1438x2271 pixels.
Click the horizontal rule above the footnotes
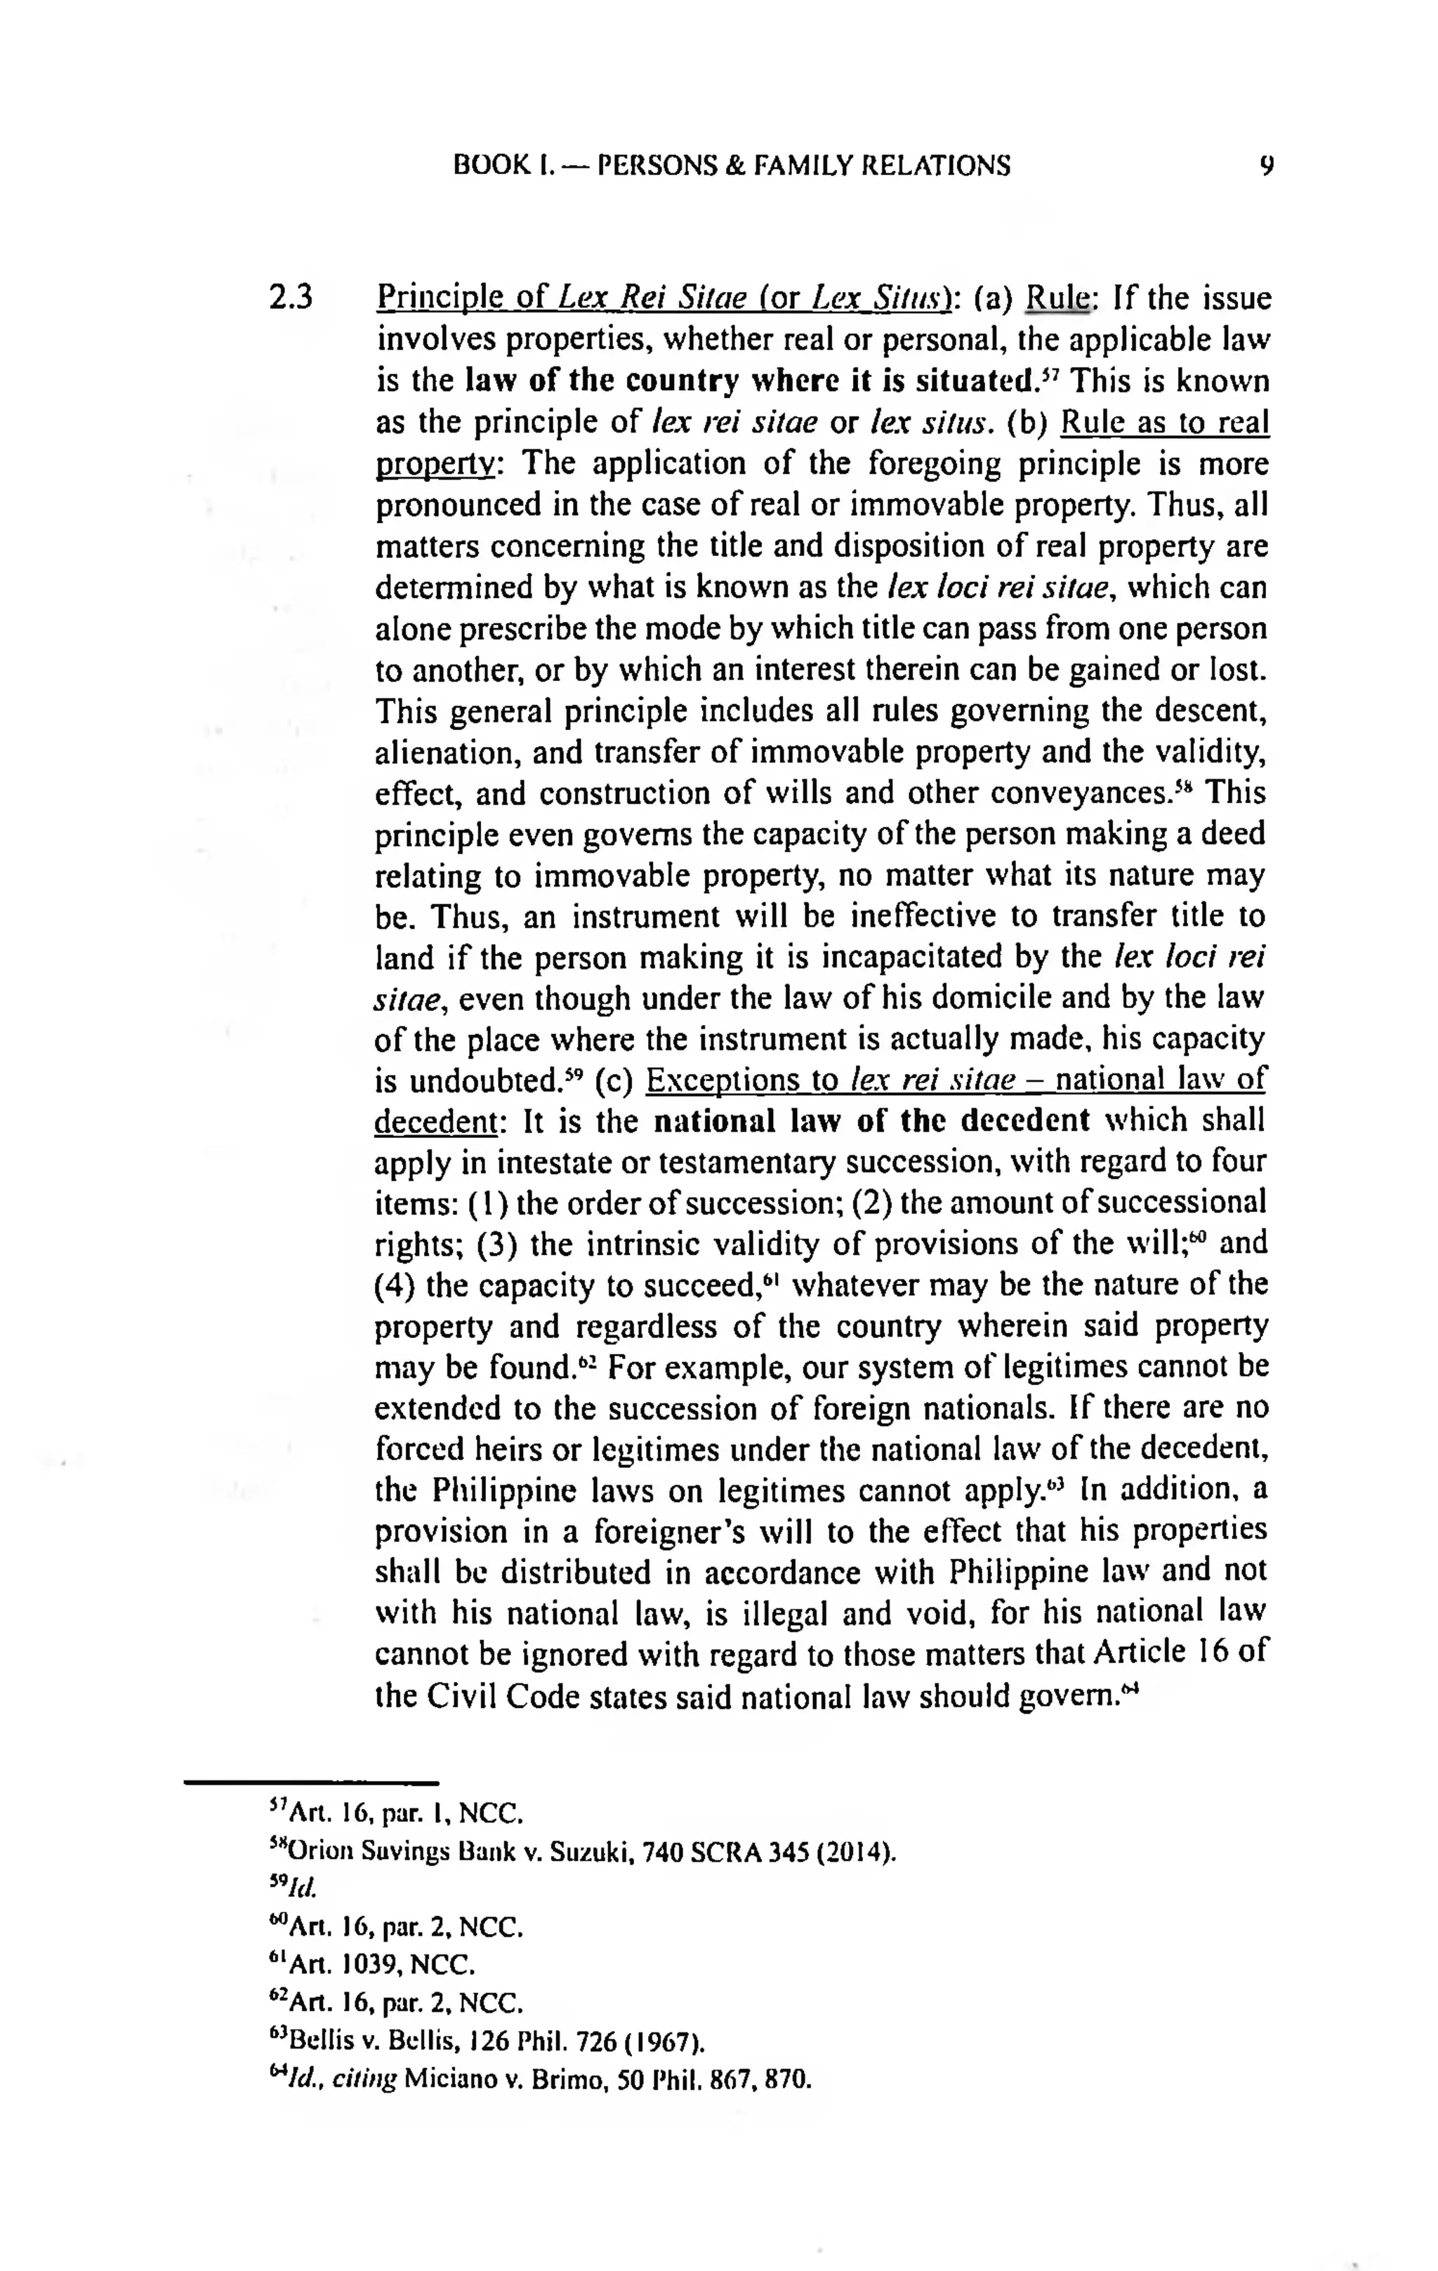[x=311, y=1782]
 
